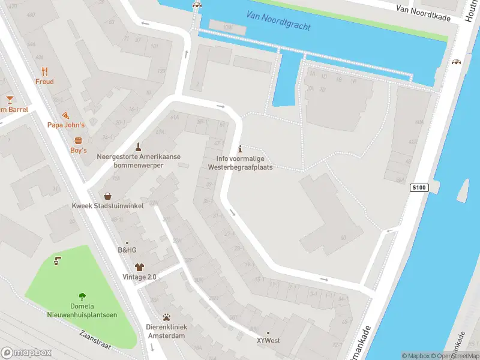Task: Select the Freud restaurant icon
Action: coord(44,71)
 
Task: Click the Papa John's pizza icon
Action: coord(66,115)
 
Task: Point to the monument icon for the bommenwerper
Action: coord(139,146)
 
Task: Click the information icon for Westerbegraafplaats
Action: coord(240,149)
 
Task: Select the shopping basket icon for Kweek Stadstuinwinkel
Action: coord(107,196)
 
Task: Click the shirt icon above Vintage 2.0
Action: coord(139,267)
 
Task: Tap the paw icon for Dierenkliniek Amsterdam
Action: coord(166,317)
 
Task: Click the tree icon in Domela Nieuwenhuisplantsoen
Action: coord(82,296)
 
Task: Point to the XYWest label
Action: coord(268,340)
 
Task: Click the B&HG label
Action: coord(127,250)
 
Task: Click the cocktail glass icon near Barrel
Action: coord(10,99)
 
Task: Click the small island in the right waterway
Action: coord(463,190)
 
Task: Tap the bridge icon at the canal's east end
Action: coord(457,62)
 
